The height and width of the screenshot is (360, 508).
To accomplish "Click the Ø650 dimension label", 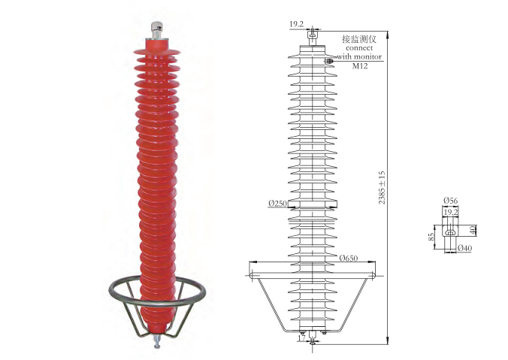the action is (349, 258).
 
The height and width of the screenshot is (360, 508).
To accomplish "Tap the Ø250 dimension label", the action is (277, 204).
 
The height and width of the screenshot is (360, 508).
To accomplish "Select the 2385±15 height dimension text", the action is (382, 188).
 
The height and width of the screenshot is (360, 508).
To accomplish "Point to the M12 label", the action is (360, 66).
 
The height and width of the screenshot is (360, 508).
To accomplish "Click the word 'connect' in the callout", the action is (359, 48).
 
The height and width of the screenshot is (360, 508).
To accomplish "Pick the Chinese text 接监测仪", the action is (359, 39).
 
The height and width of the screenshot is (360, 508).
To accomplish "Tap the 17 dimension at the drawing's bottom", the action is (301, 337).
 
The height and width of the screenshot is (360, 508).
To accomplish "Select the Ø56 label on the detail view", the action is (451, 201).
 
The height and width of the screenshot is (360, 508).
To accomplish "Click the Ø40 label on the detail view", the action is (464, 248).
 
